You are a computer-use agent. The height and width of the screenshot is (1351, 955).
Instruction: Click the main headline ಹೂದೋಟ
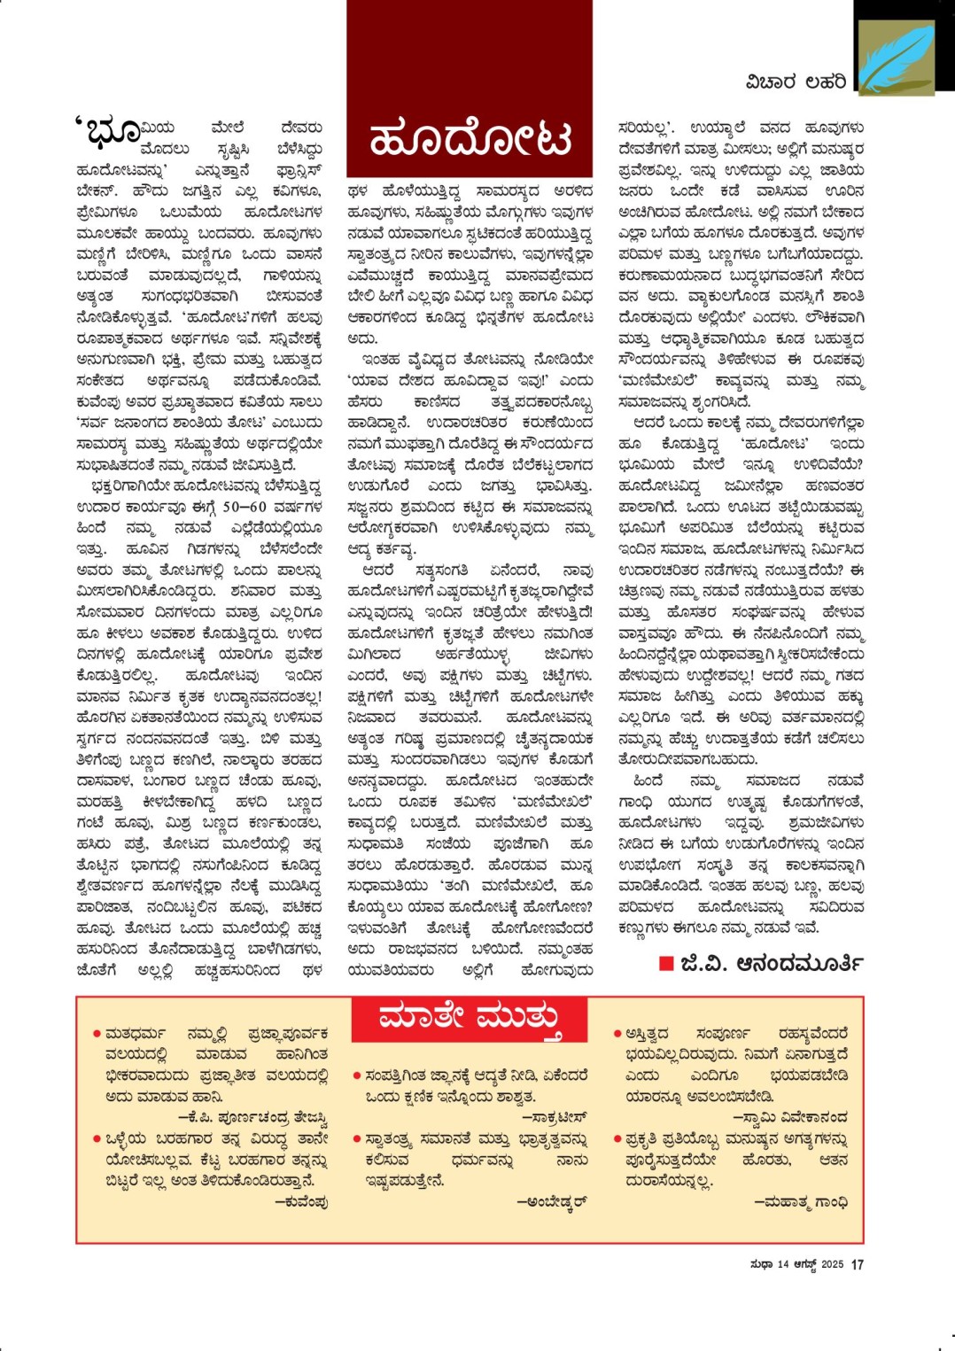[470, 139]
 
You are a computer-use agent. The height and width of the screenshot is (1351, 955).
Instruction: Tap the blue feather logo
[897, 58]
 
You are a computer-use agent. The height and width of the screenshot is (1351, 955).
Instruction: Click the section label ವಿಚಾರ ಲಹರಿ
[795, 82]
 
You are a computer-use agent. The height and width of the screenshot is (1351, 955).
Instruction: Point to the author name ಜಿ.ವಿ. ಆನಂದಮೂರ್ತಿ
[771, 963]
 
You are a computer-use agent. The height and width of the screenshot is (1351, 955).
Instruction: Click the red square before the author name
[666, 963]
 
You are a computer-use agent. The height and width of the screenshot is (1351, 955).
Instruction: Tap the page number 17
[857, 1265]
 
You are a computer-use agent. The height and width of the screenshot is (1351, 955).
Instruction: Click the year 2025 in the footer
[832, 1265]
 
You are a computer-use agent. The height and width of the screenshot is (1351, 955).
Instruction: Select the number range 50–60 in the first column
[244, 508]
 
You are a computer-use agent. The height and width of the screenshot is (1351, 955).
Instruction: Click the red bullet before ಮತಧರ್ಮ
[96, 1034]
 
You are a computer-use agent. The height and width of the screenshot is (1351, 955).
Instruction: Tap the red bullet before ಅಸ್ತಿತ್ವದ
[617, 1034]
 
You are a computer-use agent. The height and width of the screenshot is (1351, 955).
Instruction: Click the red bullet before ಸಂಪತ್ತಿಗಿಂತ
[356, 1076]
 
